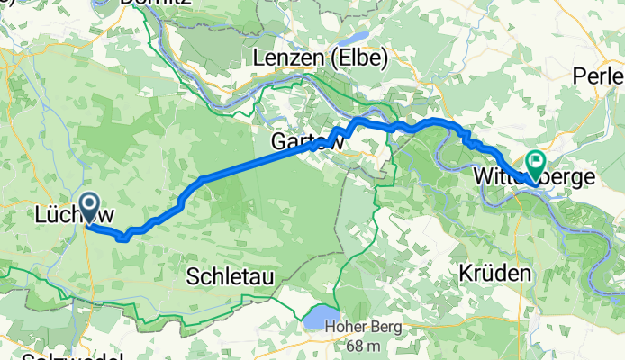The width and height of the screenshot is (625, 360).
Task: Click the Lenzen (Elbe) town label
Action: pyautogui.click(x=320, y=58)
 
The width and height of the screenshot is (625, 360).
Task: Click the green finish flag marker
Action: pyautogui.click(x=535, y=163)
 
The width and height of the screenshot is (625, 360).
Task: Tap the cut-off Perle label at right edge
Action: pyautogui.click(x=599, y=76)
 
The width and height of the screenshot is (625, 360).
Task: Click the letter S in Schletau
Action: pyautogui.click(x=194, y=275)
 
